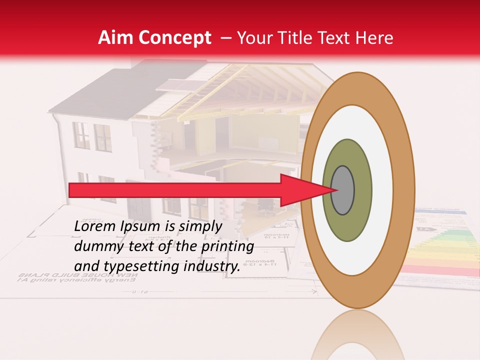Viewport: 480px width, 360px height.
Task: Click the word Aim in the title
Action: (x=116, y=38)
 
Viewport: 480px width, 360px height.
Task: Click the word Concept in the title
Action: (x=175, y=38)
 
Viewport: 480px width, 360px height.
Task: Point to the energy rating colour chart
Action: (x=440, y=250)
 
